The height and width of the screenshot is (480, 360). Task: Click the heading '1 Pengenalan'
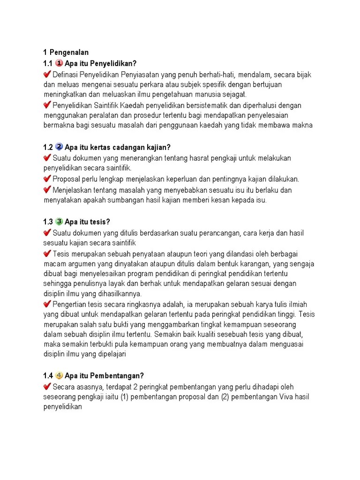click(66, 52)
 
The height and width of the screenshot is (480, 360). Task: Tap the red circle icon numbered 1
click(59, 63)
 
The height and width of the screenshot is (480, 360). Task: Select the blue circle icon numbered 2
click(59, 147)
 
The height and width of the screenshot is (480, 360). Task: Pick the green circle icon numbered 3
click(59, 221)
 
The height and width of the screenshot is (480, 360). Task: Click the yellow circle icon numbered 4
click(59, 375)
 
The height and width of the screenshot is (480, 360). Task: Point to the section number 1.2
click(48, 148)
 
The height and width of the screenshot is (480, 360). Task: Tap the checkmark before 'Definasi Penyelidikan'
click(47, 75)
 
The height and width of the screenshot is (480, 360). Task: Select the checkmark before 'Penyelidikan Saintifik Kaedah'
click(47, 105)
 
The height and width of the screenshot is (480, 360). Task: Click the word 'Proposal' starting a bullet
click(66, 179)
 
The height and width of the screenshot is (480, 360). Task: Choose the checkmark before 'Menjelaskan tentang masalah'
click(47, 190)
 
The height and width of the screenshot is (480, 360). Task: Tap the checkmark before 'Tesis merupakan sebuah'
click(47, 254)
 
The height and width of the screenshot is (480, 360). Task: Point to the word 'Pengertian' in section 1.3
click(70, 304)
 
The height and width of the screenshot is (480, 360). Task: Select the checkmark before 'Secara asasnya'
click(47, 387)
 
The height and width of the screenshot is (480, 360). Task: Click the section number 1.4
click(48, 376)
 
